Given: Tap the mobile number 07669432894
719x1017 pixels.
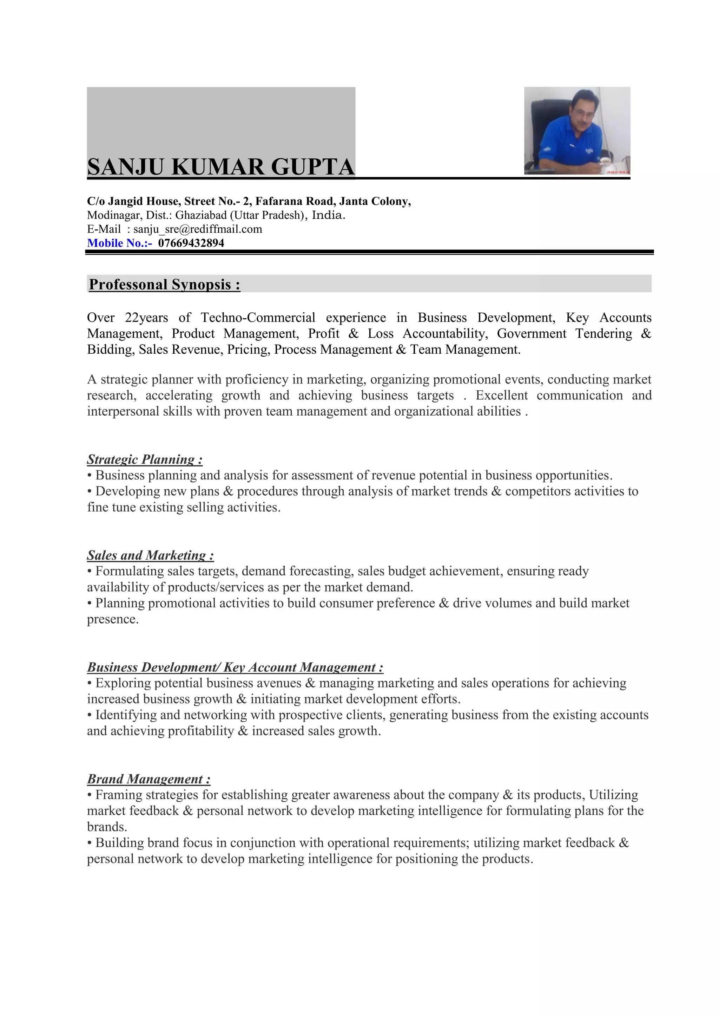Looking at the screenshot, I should click(x=191, y=243).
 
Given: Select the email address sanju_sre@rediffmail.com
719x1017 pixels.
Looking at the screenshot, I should click(x=197, y=229).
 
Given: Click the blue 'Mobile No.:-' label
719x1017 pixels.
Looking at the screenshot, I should click(x=119, y=243).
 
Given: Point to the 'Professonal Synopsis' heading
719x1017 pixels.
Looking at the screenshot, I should click(x=164, y=284).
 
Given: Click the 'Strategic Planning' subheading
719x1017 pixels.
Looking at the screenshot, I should click(x=145, y=459).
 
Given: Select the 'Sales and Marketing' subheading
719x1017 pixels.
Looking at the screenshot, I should click(x=150, y=555).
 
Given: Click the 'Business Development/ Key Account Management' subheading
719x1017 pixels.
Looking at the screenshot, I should click(x=235, y=667).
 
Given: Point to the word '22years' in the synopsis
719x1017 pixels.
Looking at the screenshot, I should click(x=146, y=318).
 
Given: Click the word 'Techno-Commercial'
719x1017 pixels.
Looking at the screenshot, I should click(x=258, y=318).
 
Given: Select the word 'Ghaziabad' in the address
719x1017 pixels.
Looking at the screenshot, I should click(x=200, y=215).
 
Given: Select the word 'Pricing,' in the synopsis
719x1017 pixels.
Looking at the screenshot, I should click(x=248, y=350).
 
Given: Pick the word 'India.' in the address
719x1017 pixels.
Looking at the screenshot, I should click(x=328, y=215).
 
